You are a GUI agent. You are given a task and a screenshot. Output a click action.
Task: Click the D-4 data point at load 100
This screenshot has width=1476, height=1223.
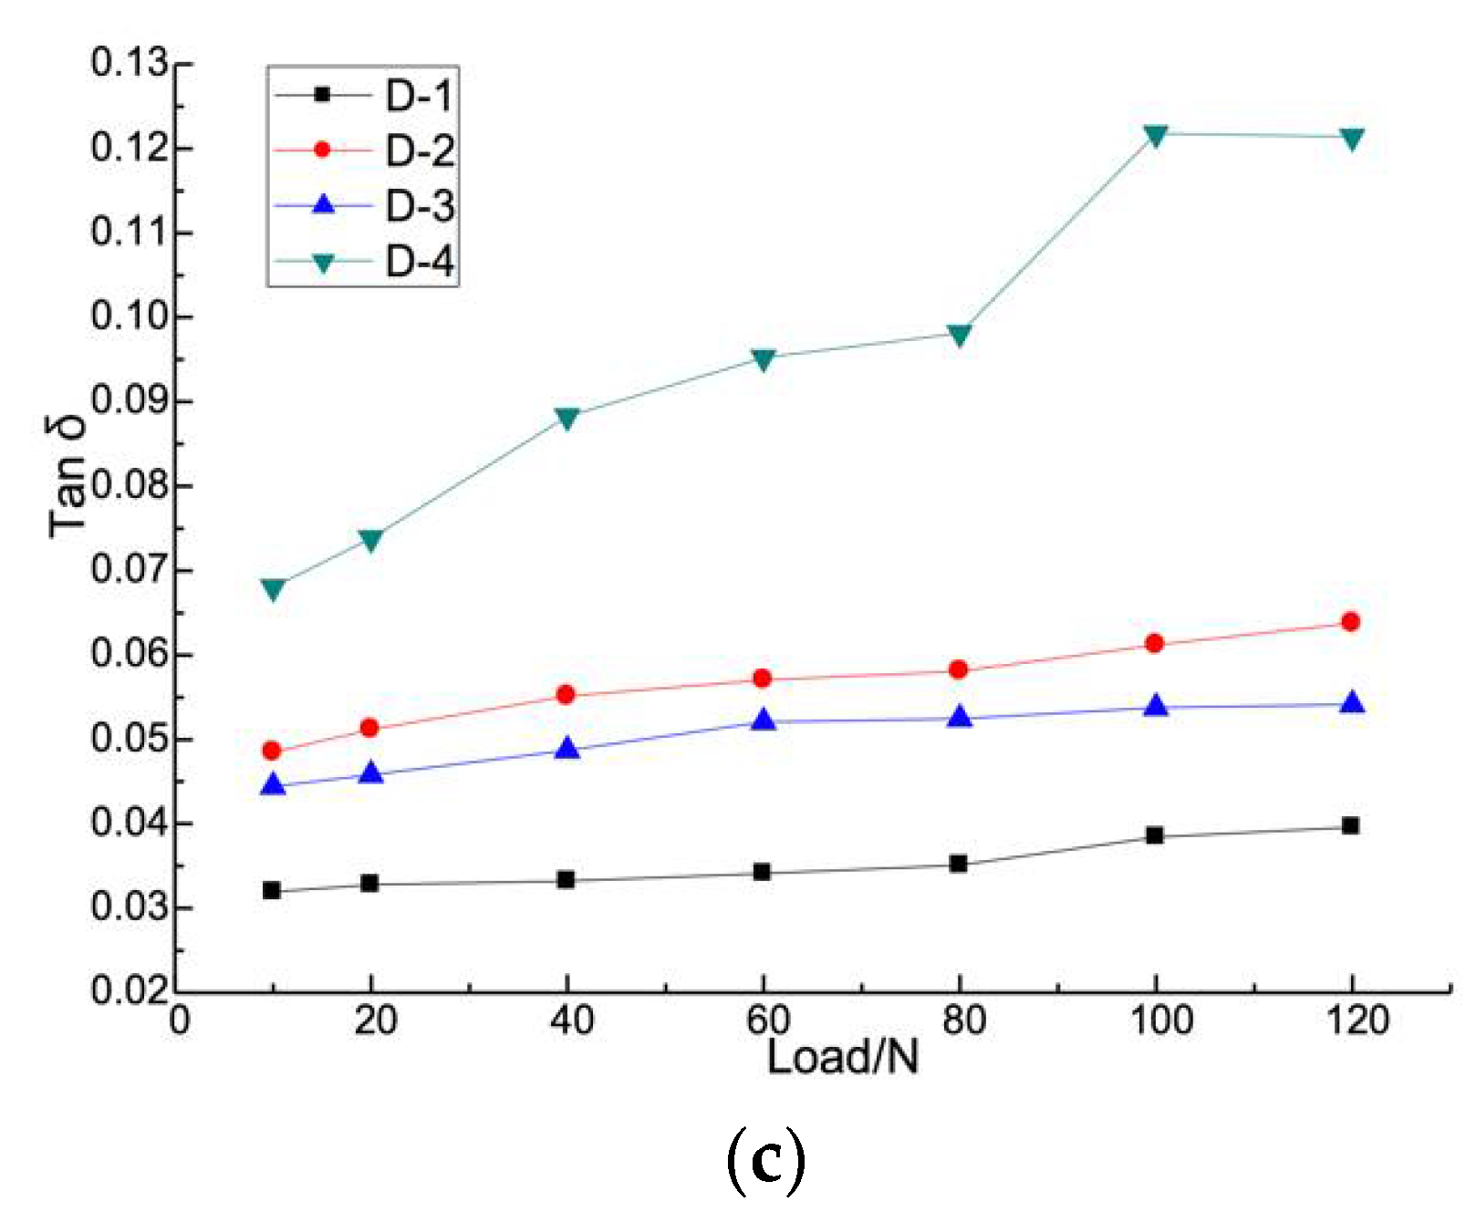pos(1155,136)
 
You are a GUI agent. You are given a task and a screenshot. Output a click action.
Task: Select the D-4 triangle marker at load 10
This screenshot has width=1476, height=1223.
pos(272,588)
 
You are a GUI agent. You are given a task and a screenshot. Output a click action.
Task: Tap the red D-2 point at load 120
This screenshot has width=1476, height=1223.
pos(1351,622)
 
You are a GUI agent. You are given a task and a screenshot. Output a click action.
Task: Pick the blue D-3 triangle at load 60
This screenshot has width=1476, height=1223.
pos(764,720)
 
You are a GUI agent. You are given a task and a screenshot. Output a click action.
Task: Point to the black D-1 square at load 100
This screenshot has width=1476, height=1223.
pos(1155,834)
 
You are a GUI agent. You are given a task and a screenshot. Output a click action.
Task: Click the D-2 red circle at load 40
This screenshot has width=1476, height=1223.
pos(566,695)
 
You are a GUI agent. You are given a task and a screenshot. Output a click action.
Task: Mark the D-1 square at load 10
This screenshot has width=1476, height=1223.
pos(271,890)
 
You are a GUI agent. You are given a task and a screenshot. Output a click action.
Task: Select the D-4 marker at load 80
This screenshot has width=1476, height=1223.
pos(959,335)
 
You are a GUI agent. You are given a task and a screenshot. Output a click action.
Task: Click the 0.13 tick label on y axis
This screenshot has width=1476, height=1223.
pos(130,64)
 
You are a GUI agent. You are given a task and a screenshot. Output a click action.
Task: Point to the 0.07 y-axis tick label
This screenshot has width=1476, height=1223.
pos(130,571)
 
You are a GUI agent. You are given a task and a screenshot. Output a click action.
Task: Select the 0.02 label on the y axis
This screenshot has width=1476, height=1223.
pos(130,991)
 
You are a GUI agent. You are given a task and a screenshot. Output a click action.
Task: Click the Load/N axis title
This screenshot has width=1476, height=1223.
pos(842,1058)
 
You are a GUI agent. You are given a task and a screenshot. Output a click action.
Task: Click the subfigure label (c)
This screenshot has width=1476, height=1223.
pos(766,1158)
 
